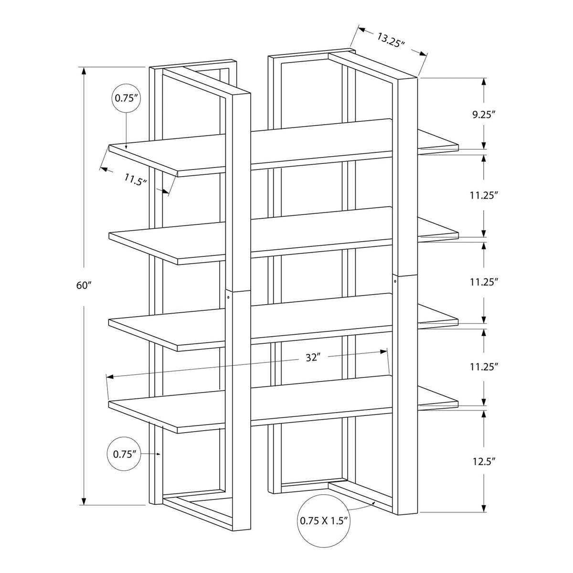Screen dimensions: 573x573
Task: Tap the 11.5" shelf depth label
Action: (x=136, y=180)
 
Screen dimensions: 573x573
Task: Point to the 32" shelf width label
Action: (x=312, y=358)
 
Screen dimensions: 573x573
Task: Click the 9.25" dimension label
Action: (x=484, y=114)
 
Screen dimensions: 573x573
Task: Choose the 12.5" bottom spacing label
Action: (x=483, y=461)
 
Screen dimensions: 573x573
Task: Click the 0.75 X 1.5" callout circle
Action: (x=324, y=521)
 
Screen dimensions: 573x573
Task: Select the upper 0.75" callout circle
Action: (x=126, y=99)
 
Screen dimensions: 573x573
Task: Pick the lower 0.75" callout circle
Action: (x=126, y=454)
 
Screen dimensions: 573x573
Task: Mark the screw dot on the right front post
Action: (x=396, y=282)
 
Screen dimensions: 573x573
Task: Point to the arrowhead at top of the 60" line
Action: (x=84, y=71)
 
